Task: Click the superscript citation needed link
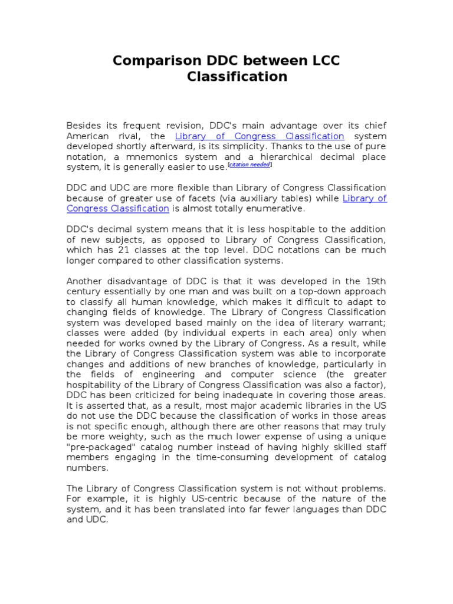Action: pyautogui.click(x=250, y=165)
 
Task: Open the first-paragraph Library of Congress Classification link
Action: pyautogui.click(x=260, y=136)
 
